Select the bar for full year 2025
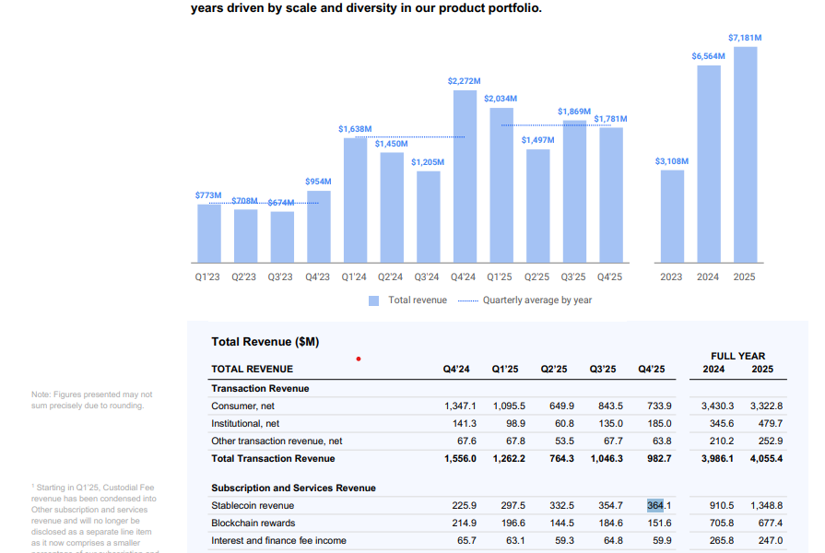point(745,154)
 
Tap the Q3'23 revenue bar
point(282,237)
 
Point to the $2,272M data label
point(464,81)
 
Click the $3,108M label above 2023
point(672,161)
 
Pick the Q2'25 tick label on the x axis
point(536,276)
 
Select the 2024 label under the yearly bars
point(708,276)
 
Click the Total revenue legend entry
point(407,300)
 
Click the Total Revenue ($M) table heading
point(265,342)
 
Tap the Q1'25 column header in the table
point(504,370)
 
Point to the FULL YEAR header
point(737,356)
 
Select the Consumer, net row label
point(243,406)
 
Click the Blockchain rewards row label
point(254,524)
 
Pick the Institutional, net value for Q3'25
point(607,424)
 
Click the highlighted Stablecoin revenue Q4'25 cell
point(655,506)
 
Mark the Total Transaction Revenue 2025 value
point(766,459)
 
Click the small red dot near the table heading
point(358,359)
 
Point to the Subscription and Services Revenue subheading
point(293,488)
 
